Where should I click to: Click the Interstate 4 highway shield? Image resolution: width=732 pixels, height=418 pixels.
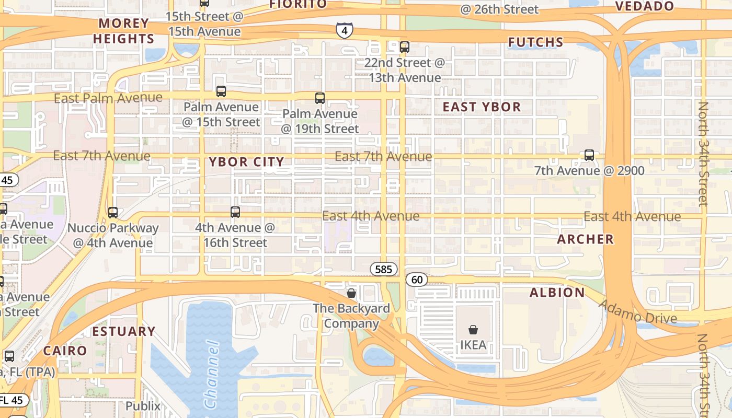[x=344, y=31]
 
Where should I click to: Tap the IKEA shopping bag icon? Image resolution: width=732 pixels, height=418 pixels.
[x=473, y=330]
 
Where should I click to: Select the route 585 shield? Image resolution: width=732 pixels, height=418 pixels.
[x=384, y=269]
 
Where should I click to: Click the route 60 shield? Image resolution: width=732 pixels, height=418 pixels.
[x=417, y=280]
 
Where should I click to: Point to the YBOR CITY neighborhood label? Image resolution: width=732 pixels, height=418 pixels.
[x=247, y=162]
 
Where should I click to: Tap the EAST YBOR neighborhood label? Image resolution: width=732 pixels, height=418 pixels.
[x=482, y=107]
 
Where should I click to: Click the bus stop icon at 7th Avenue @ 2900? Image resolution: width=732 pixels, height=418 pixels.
[x=589, y=155]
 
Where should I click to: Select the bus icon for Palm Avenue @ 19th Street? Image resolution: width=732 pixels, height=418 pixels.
[x=320, y=98]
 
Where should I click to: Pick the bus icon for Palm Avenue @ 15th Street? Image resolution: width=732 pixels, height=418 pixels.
[x=221, y=91]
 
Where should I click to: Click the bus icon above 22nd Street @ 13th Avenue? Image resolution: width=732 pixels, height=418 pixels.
[x=405, y=47]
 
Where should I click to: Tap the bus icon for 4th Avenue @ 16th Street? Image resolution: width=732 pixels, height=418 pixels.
[x=235, y=212]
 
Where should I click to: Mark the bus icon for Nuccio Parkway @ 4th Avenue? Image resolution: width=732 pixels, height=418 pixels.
[x=113, y=213]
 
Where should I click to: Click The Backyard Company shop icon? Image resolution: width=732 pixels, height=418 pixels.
[x=351, y=293]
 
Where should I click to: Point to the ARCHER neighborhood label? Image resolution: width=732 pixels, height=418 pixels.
[x=585, y=239]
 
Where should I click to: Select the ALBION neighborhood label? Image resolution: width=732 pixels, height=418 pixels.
[x=557, y=293]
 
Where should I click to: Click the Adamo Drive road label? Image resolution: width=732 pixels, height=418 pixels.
[x=637, y=312]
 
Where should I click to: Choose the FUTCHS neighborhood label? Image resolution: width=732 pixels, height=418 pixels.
[x=535, y=42]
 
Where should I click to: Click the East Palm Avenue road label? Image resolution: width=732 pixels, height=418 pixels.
[x=108, y=98]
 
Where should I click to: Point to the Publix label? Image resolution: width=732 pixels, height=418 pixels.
[x=143, y=406]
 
